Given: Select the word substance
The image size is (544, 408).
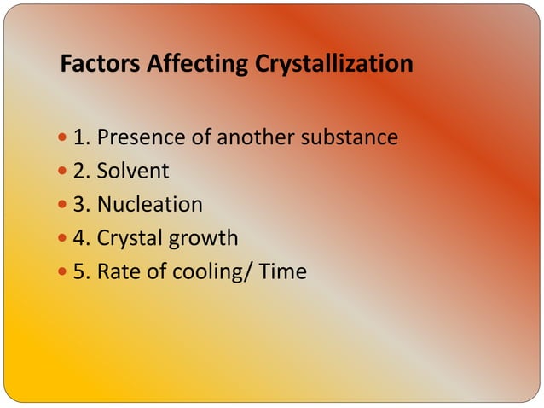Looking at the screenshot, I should tap(353, 137).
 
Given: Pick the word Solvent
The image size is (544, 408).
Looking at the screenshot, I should tap(132, 171).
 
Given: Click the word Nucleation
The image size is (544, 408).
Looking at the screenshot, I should tap(149, 205).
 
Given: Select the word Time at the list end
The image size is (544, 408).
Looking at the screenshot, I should tap(283, 272).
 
